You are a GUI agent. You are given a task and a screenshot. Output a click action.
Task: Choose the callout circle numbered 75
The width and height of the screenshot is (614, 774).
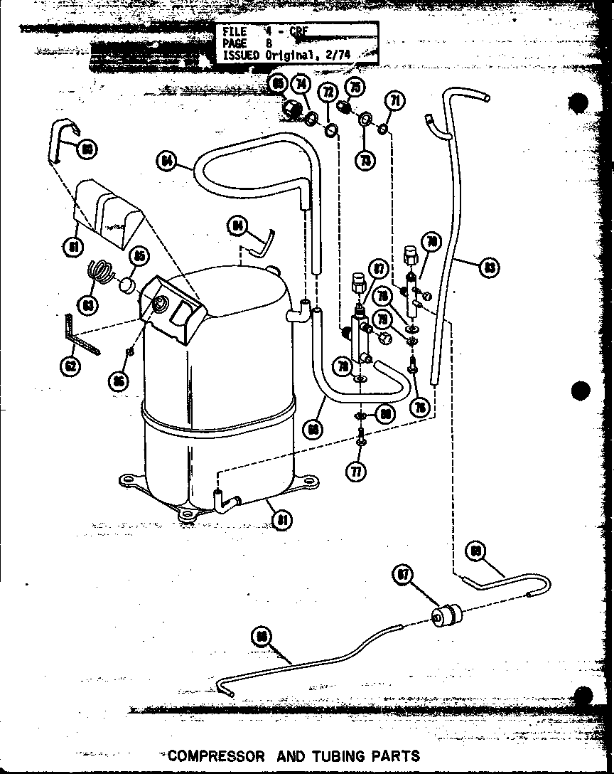click(355, 87)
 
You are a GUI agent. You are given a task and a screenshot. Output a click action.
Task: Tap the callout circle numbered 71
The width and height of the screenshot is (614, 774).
click(396, 100)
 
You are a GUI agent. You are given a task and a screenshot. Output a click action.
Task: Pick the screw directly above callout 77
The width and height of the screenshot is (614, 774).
click(362, 436)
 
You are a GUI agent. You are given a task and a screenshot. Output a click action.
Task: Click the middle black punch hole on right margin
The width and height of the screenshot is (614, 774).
click(581, 391)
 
